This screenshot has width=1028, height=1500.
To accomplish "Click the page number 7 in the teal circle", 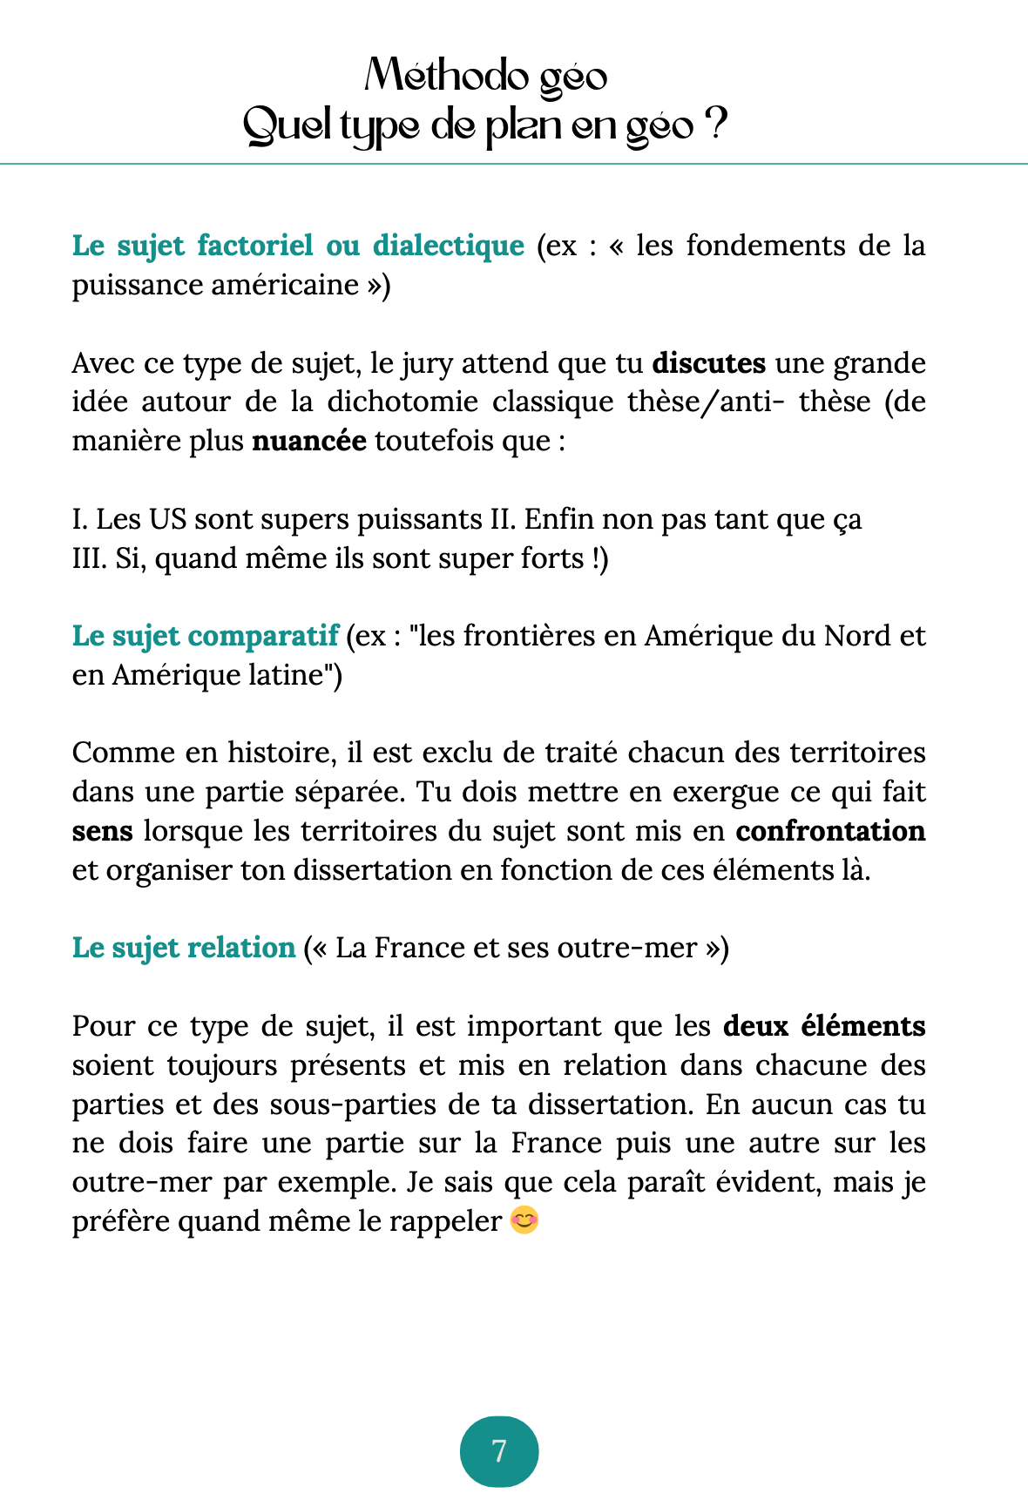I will click(x=499, y=1451).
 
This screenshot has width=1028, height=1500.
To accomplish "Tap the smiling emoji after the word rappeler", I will click(x=524, y=1220).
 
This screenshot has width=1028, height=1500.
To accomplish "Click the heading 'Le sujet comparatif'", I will click(x=205, y=636).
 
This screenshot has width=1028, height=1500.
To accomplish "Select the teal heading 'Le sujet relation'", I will click(x=184, y=947).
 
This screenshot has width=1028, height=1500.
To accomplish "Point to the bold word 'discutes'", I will click(x=708, y=362).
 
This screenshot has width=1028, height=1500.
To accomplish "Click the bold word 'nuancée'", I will click(x=309, y=441).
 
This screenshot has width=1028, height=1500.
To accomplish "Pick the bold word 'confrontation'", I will click(x=830, y=831).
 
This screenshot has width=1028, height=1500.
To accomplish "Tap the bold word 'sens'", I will click(x=102, y=831).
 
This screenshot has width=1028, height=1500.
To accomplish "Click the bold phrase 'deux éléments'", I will click(x=824, y=1026).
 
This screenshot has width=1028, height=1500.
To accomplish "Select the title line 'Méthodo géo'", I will click(x=485, y=77).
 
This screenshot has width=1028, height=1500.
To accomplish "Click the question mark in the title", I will click(x=714, y=125).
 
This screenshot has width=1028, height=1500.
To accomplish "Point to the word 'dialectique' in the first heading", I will click(x=448, y=246).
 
